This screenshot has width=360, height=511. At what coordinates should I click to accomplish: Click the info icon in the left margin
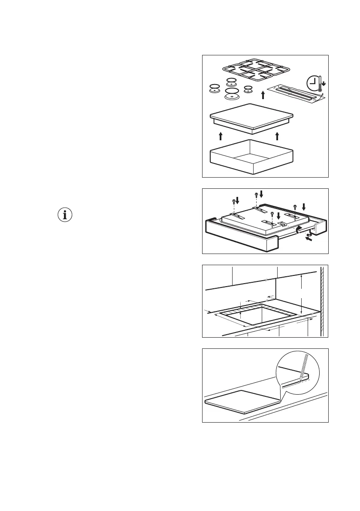65,215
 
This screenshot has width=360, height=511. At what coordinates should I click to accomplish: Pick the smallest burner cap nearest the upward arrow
248,89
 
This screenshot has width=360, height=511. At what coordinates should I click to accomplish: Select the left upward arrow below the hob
221,136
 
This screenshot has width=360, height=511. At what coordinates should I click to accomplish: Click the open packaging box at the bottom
251,157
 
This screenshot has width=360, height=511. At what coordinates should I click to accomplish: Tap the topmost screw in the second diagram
257,194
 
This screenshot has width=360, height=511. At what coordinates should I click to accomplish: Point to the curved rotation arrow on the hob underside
297,231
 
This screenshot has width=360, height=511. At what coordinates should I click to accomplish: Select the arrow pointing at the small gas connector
308,240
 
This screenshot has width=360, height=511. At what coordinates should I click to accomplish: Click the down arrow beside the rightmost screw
304,207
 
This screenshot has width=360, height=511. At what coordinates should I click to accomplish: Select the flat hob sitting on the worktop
242,401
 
